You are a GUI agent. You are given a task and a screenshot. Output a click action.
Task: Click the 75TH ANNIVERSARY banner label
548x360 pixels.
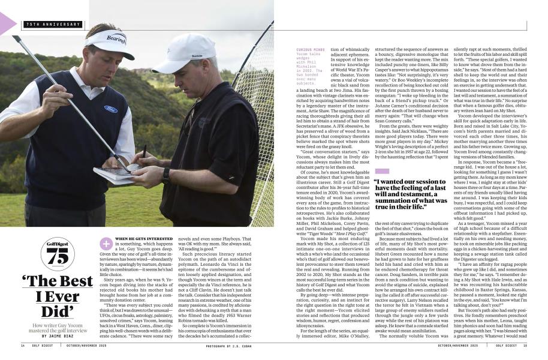pos(53,25)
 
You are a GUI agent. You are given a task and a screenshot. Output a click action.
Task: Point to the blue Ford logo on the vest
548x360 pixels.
pos(110,109)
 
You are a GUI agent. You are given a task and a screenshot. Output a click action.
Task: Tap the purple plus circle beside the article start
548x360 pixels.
pos(106,242)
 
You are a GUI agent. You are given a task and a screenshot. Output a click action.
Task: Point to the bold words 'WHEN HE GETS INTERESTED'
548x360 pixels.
pos(143,238)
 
